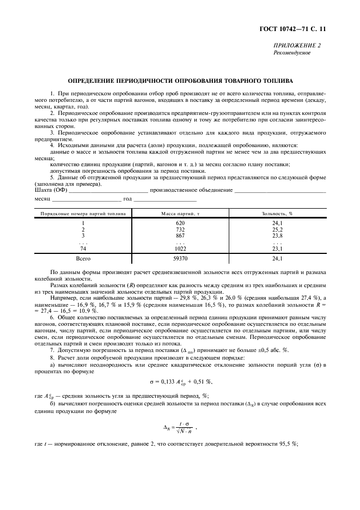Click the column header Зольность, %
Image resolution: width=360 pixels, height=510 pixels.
coord(277,214)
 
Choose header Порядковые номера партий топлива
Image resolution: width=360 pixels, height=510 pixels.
coord(83,214)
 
